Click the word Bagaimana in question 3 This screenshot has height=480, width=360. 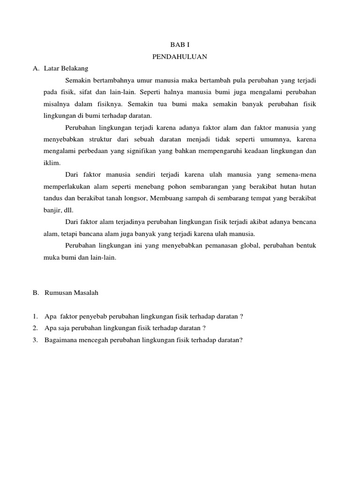click(63, 340)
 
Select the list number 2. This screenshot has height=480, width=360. click(35, 328)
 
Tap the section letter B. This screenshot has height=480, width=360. click(35, 293)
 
